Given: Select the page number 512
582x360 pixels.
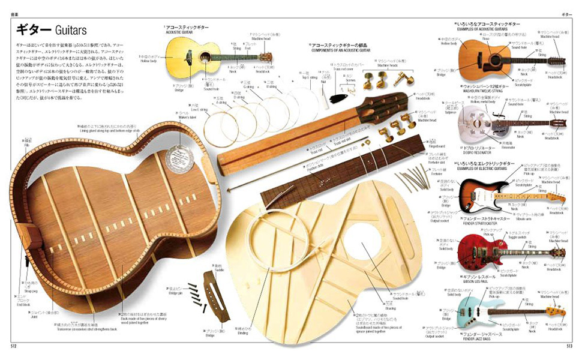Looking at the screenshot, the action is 13,346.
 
